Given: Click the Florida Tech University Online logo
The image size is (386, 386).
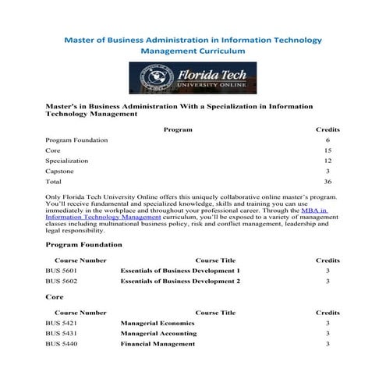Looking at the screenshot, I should tap(193, 79).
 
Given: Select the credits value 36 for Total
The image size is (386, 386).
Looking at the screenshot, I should tap(328, 181).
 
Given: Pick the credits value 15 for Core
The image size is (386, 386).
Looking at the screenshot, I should tap(328, 150).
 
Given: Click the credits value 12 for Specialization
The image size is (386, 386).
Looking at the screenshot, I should tap(328, 160).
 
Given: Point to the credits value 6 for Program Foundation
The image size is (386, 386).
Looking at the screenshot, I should tap(328, 140).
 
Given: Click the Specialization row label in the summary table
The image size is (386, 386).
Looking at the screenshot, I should tap(67, 160).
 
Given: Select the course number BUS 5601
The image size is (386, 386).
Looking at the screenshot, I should tap(62, 271).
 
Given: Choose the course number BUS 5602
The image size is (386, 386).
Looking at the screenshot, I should tap(62, 281).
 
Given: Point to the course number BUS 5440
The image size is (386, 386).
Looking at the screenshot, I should tap(62, 343).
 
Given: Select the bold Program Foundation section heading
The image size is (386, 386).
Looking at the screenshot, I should tap(84, 245).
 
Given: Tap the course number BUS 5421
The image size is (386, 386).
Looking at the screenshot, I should tap(62, 323).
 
